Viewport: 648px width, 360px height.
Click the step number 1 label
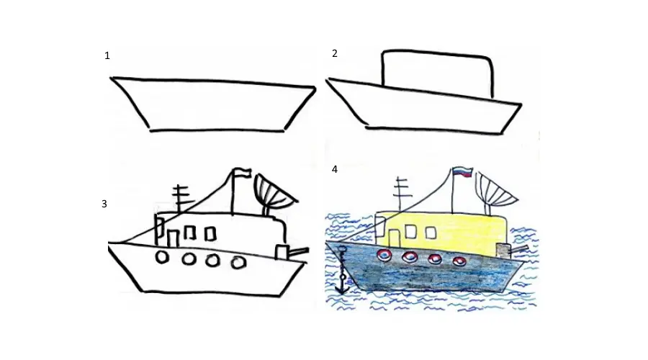click(107, 55)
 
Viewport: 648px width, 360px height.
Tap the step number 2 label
click(335, 53)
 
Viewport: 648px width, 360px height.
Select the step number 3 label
click(104, 204)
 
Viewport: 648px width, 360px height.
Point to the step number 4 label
click(335, 169)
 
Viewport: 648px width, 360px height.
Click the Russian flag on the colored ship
click(462, 172)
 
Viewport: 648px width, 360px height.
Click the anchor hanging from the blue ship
click(343, 270)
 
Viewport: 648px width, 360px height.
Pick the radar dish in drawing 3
click(275, 190)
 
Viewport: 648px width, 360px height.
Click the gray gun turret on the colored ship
click(503, 251)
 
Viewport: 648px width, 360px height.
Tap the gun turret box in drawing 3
click(282, 252)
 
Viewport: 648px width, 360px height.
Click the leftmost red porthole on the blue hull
click(384, 256)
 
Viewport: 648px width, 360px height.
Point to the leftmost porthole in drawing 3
click(162, 257)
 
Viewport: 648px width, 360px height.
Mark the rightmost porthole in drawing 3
click(238, 263)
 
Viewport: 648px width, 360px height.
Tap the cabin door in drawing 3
click(173, 238)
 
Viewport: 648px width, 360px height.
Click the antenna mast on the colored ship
click(400, 194)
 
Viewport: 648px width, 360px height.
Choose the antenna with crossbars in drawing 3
click(180, 199)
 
